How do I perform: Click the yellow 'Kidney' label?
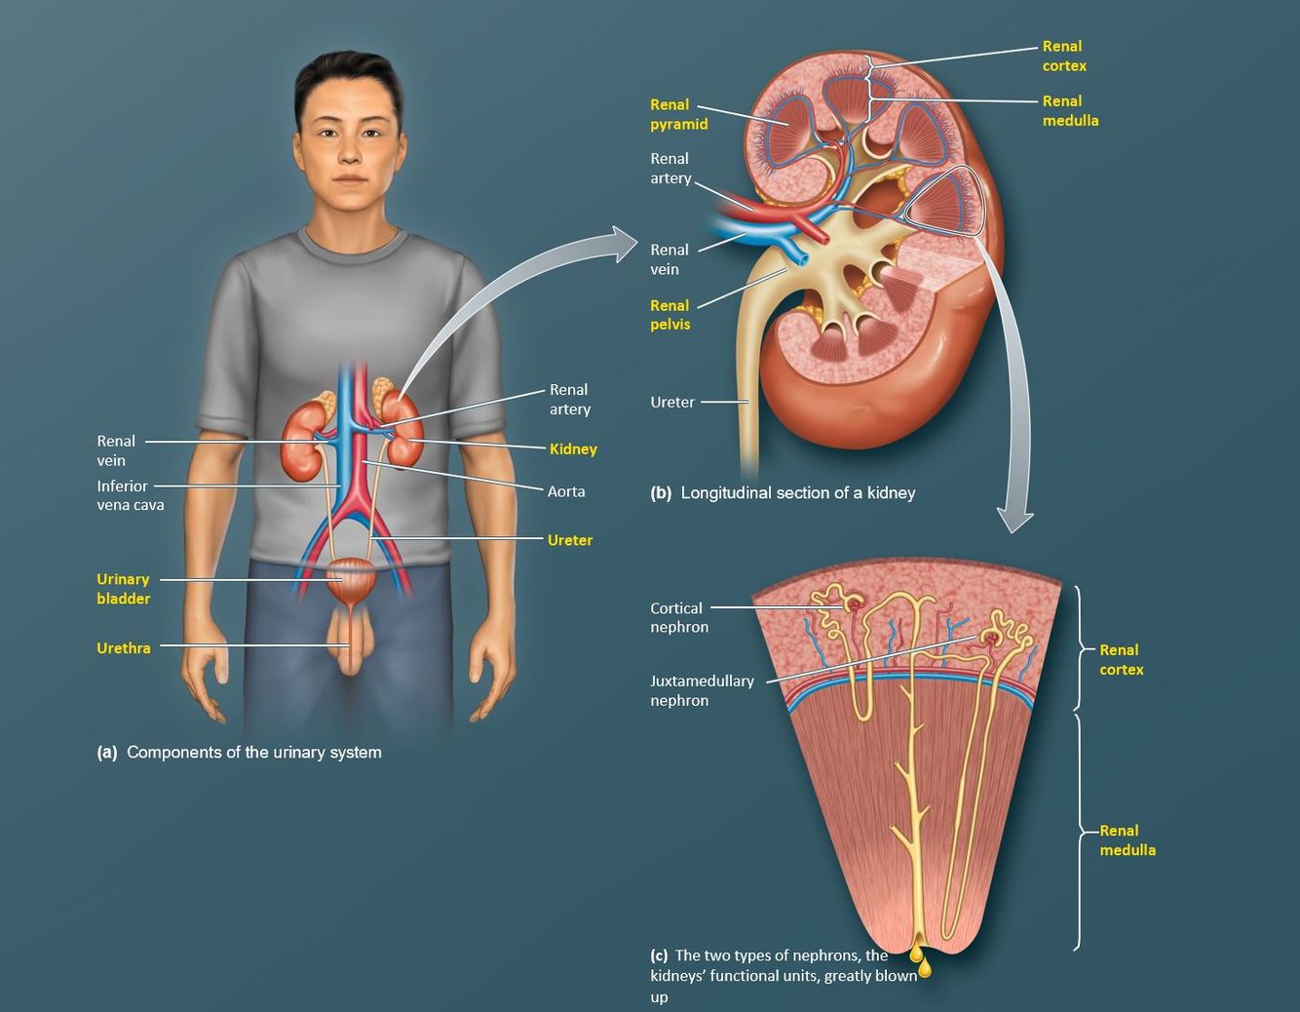pos(572,449)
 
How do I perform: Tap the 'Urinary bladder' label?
pos(123,589)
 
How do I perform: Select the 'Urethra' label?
pos(124,648)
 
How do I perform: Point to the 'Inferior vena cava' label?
pos(130,495)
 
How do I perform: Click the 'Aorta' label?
pos(566,491)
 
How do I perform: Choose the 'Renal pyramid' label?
pos(678,114)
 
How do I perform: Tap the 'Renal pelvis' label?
pos(669,315)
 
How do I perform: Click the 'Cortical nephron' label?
pos(678,617)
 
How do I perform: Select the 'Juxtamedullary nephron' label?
pos(702,690)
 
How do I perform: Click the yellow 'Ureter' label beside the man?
pos(569,540)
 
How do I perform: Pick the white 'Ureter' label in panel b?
pos(672,402)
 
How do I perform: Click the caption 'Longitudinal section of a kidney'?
pos(797,493)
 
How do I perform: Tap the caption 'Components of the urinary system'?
pos(253,753)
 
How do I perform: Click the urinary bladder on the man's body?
pos(350,581)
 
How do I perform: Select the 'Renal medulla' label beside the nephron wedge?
pos(1128,840)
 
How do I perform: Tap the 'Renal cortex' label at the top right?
pos(1063,56)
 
